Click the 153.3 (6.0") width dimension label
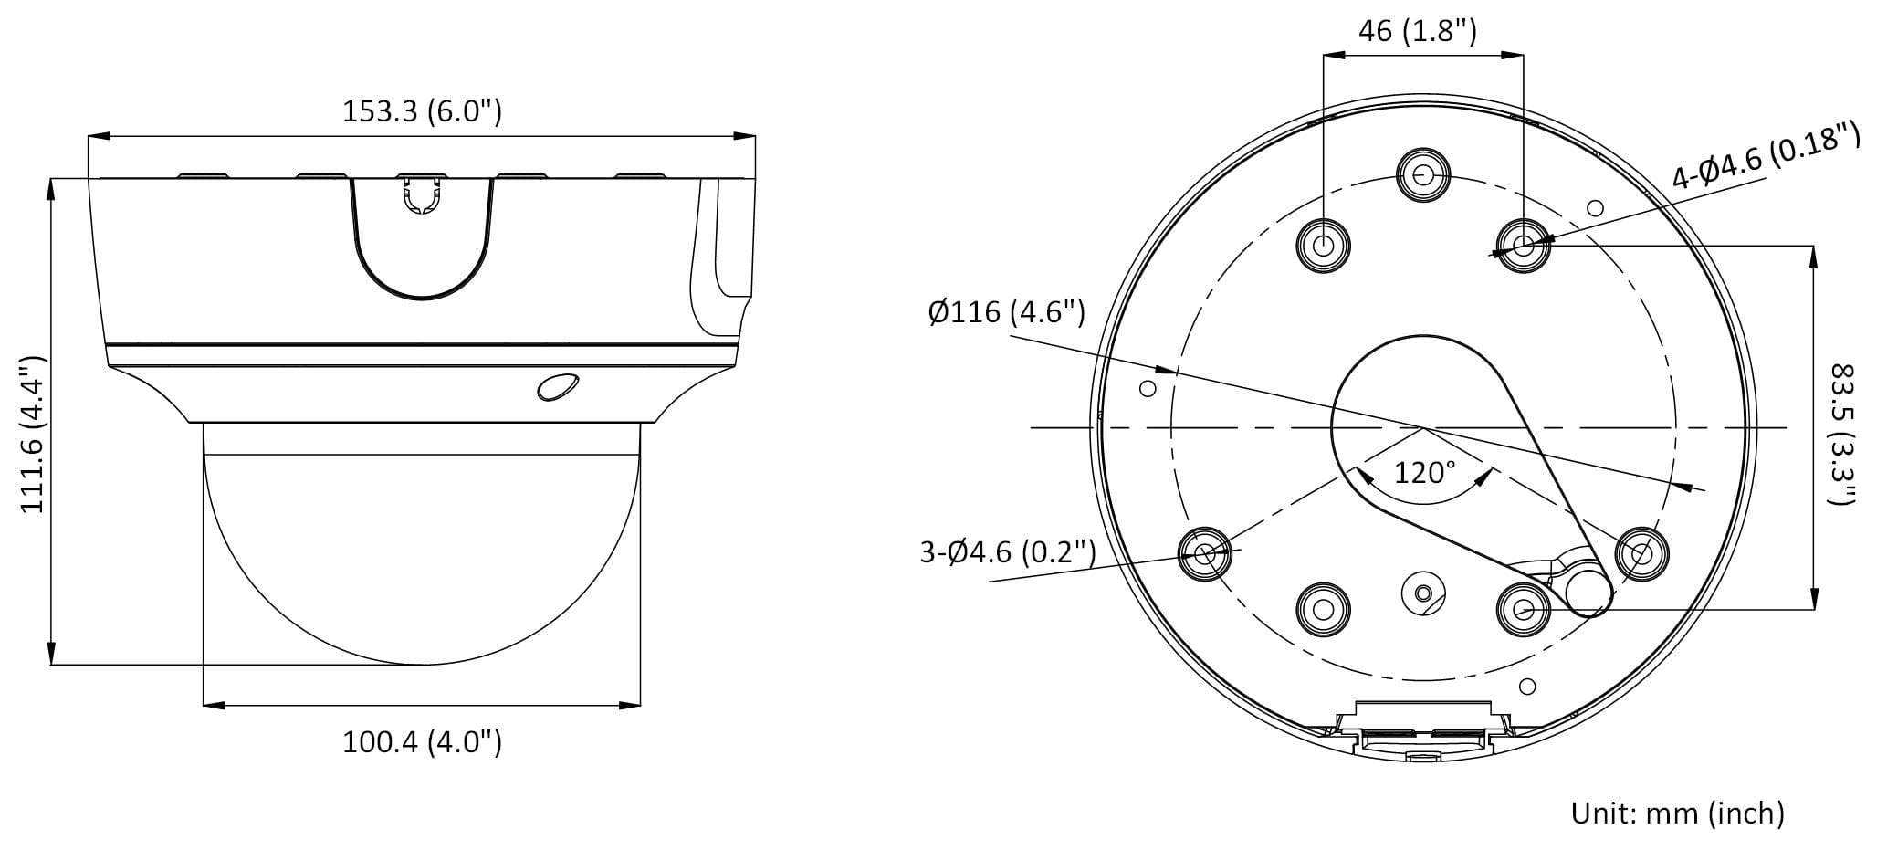coord(422,110)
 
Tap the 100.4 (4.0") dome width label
coord(422,741)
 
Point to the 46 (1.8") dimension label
coord(1418,31)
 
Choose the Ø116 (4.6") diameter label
coord(1006,312)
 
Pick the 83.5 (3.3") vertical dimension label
coord(1843,435)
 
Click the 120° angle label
coord(1424,472)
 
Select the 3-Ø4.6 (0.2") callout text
coord(1008,551)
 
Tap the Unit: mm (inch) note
coord(1677,812)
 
